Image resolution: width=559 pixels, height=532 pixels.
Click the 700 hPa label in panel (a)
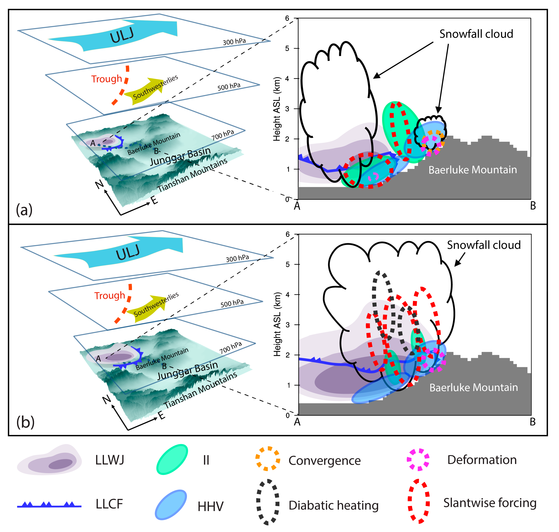tap(223, 135)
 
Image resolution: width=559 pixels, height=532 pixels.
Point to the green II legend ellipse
tap(172, 459)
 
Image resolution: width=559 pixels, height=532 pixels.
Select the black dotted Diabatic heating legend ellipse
tap(268, 502)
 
